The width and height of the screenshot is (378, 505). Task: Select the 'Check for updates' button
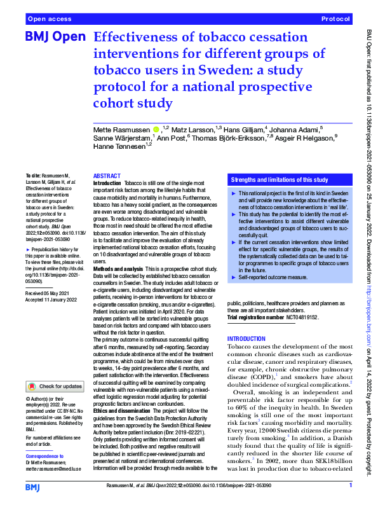pos(55,386)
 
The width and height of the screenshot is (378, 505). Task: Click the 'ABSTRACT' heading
pos(106,176)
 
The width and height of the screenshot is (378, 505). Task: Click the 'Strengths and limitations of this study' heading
pos(280,180)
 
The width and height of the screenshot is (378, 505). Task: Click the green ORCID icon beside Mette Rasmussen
pos(156,129)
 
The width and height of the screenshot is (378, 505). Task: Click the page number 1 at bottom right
pos(351,486)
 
